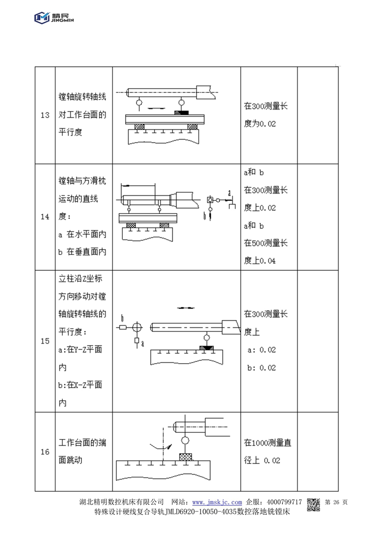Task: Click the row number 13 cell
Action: click(x=45, y=116)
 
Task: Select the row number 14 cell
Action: click(x=45, y=217)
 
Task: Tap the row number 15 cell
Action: click(x=45, y=341)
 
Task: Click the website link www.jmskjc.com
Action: click(x=217, y=502)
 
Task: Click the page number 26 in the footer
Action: click(x=336, y=502)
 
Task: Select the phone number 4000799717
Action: click(x=285, y=502)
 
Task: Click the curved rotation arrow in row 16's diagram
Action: click(x=160, y=446)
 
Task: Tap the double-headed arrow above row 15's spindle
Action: click(x=186, y=308)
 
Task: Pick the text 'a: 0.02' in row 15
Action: click(x=262, y=350)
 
